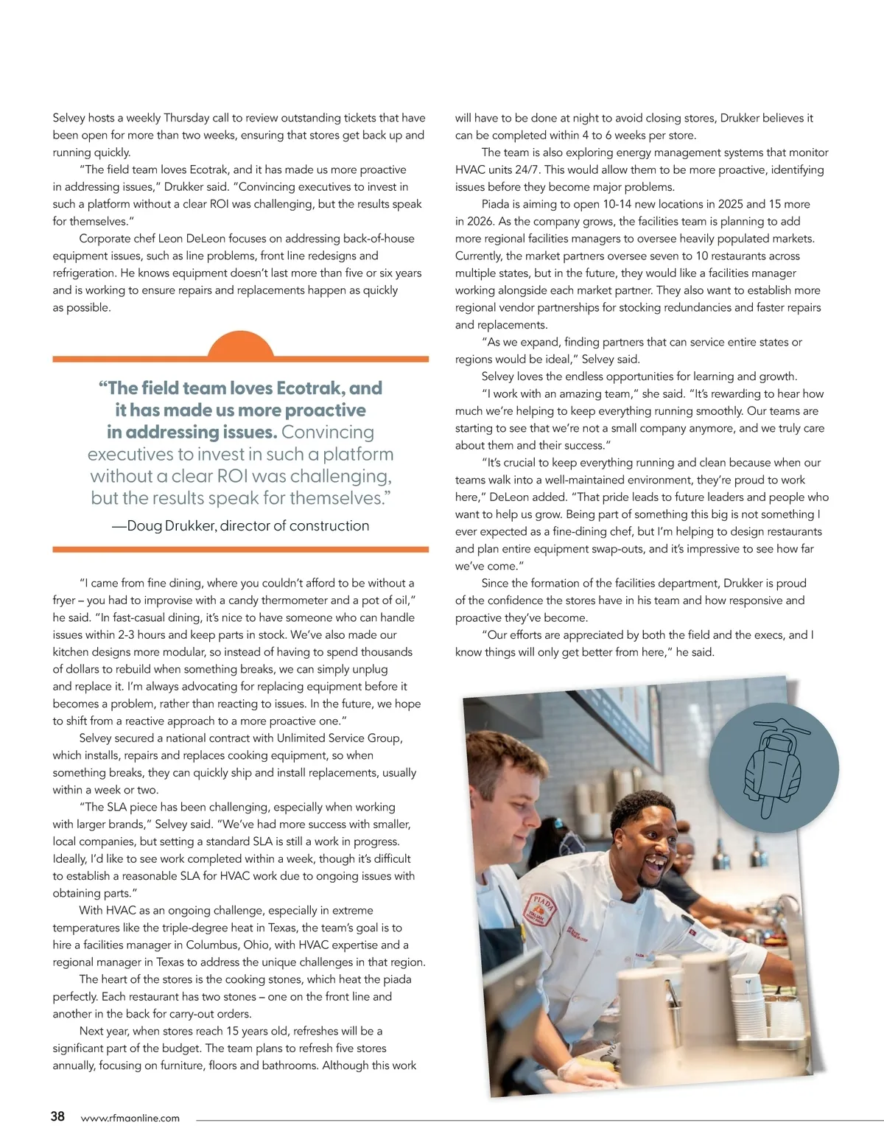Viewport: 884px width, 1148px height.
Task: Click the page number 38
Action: click(57, 1116)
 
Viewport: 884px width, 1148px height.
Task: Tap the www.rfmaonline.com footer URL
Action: click(130, 1118)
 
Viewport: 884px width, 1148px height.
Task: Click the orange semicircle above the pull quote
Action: click(240, 346)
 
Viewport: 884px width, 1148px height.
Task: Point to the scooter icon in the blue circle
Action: click(773, 767)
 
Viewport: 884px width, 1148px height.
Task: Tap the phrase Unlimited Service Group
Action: click(339, 738)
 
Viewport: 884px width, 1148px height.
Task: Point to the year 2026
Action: click(480, 221)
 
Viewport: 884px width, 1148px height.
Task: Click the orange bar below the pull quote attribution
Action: click(240, 550)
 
